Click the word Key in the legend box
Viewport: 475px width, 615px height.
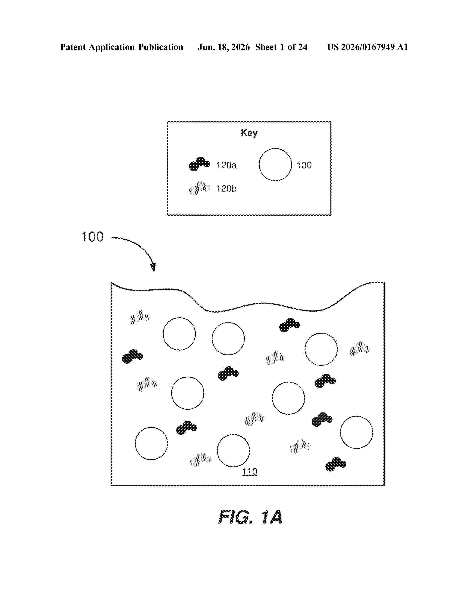[249, 133]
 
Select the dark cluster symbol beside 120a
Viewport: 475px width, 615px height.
[199, 164]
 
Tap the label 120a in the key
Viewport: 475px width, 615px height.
[226, 165]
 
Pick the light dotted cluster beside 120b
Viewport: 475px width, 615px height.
[199, 188]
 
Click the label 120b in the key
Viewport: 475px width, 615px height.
[226, 189]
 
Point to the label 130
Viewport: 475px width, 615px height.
[304, 165]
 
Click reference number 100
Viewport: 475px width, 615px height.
[92, 237]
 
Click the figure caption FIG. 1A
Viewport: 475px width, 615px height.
[250, 517]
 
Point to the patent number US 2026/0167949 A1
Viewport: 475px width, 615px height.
[368, 47]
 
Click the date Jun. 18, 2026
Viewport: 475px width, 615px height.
[224, 47]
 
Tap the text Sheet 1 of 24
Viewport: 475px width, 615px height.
[281, 47]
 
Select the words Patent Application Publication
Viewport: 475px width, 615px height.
[122, 47]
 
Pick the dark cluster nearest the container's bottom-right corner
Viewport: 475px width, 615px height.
[336, 464]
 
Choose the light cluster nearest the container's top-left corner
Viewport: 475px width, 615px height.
[140, 317]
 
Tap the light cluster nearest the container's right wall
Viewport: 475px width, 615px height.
[360, 349]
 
